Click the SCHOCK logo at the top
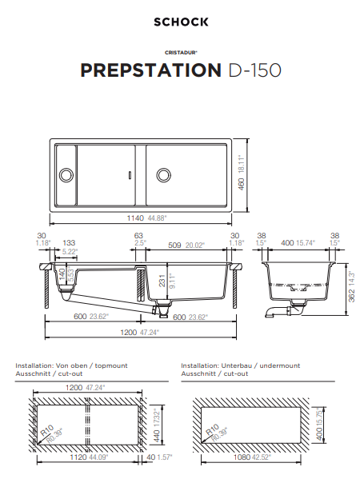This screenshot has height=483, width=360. [181, 22]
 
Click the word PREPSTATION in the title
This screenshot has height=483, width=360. [150, 70]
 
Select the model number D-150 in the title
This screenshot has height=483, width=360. [254, 70]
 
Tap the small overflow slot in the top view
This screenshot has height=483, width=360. [129, 174]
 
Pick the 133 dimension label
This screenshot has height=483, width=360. [69, 242]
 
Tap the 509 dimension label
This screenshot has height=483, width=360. [174, 245]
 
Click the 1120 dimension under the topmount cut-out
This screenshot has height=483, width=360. [77, 458]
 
